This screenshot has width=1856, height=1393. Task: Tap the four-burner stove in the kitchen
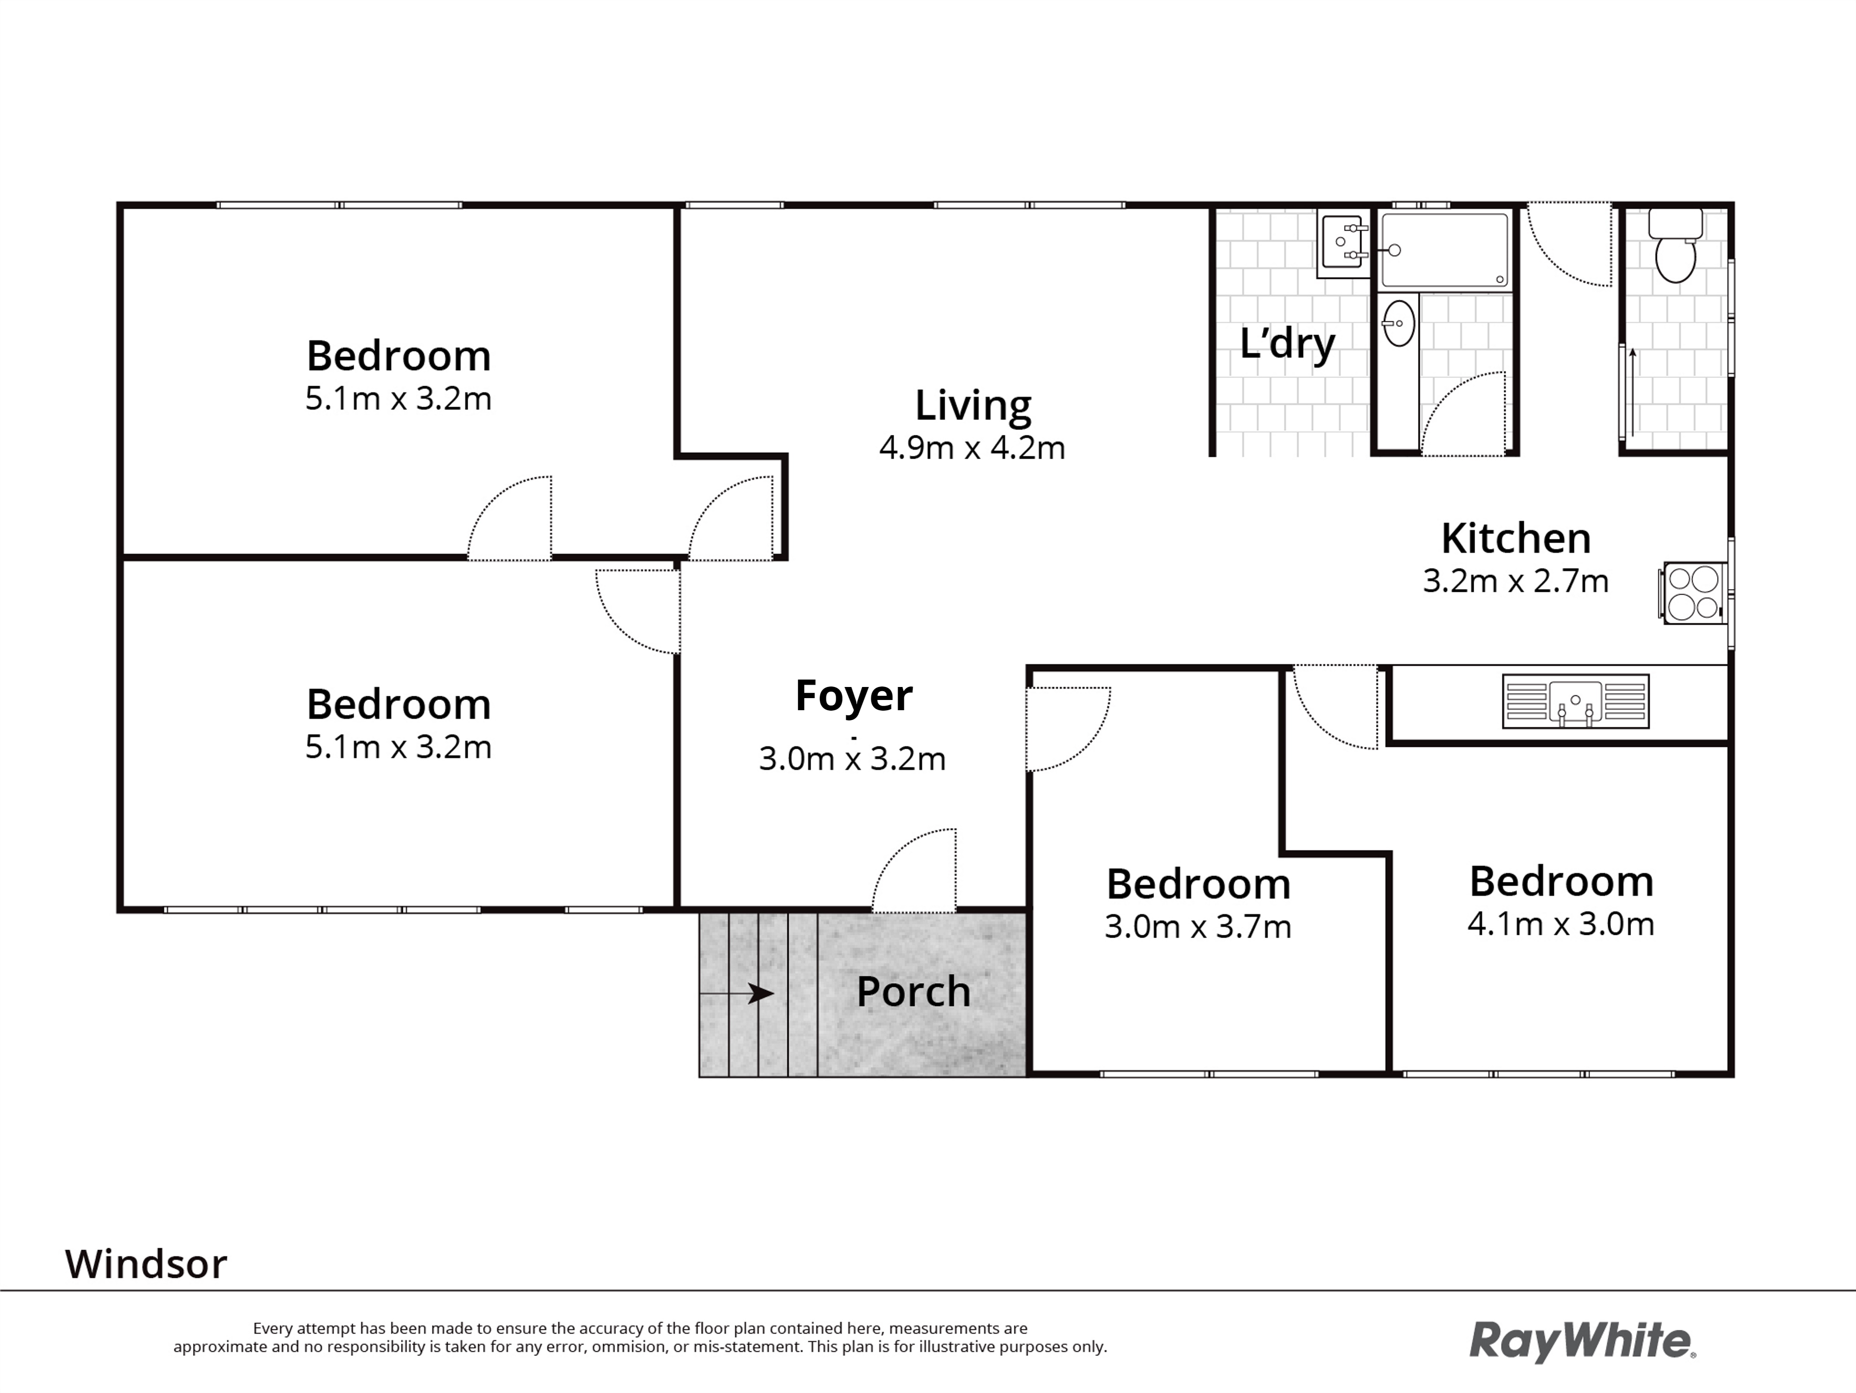pyautogui.click(x=1692, y=592)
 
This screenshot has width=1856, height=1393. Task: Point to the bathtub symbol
pyautogui.click(x=1444, y=250)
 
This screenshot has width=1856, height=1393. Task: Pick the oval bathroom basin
pyautogui.click(x=1398, y=323)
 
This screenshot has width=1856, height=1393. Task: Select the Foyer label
pyautogui.click(x=853, y=696)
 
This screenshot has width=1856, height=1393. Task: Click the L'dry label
pyautogui.click(x=1287, y=344)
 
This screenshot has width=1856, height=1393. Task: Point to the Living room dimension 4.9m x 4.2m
pyautogui.click(x=972, y=448)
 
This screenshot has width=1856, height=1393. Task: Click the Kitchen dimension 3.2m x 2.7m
pyautogui.click(x=1515, y=581)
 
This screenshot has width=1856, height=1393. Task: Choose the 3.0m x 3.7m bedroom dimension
pyautogui.click(x=1197, y=927)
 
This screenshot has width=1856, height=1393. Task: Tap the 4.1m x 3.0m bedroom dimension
pyautogui.click(x=1560, y=924)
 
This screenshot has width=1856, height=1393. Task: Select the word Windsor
pyautogui.click(x=146, y=1264)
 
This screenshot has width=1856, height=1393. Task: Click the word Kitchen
pyautogui.click(x=1515, y=539)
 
